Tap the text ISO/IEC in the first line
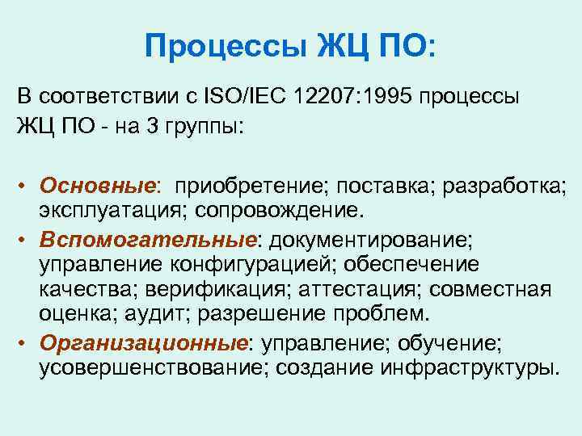(240, 97)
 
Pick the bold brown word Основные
(98, 187)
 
